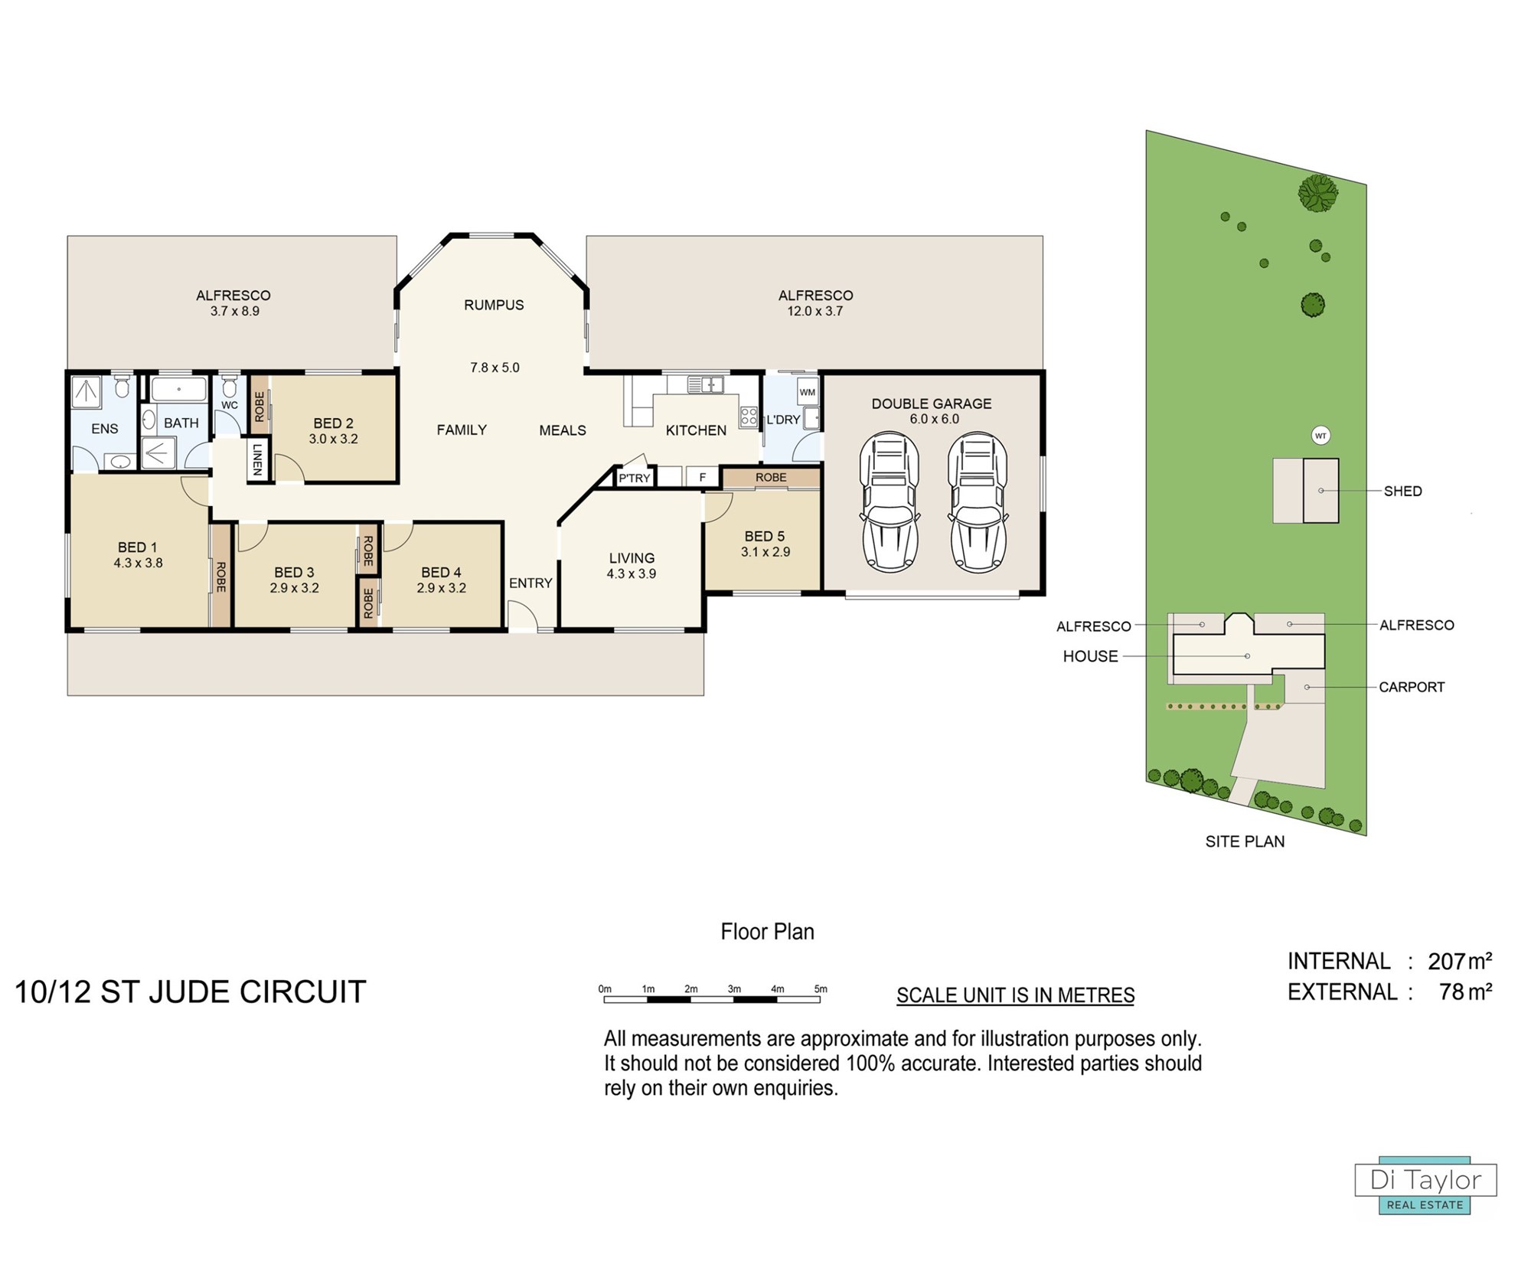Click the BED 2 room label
click(333, 423)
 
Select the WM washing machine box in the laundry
click(808, 392)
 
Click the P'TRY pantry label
click(634, 478)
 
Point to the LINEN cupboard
click(258, 459)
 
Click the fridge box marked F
click(702, 477)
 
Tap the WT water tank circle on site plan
click(1320, 436)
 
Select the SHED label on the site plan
click(1402, 492)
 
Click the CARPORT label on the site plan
click(1412, 687)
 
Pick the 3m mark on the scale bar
click(734, 989)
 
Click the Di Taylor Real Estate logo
click(1425, 1184)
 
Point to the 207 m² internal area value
click(1460, 961)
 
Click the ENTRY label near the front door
click(530, 583)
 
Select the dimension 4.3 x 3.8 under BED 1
click(138, 563)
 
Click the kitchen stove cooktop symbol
click(749, 417)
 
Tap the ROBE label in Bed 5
click(771, 477)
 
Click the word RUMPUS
click(494, 305)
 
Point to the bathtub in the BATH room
click(179, 390)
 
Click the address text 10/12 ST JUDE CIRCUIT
click(191, 992)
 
